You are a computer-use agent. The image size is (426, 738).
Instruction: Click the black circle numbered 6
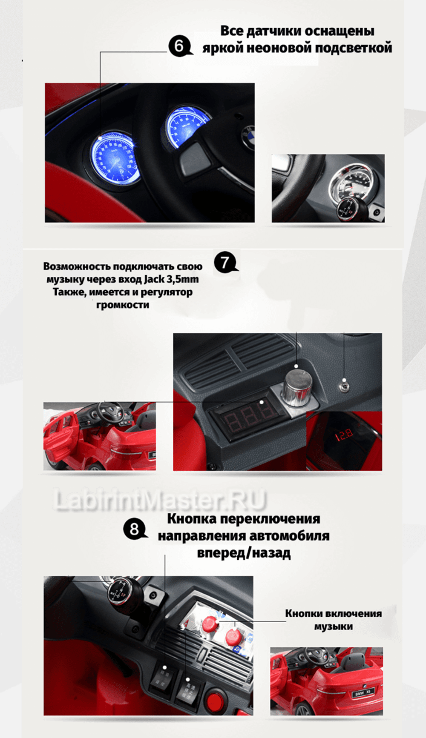179,46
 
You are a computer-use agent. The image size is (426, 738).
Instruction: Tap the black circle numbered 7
225,262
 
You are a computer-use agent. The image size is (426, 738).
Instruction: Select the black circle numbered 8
134,529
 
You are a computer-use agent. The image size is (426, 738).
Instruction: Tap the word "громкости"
123,305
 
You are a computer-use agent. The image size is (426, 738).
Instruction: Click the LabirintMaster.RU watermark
160,500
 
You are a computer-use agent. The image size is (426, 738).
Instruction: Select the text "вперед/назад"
244,553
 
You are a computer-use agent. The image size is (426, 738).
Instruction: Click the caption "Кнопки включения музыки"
333,620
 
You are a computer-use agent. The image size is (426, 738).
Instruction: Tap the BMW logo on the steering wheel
248,135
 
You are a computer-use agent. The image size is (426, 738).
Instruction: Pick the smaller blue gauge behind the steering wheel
186,126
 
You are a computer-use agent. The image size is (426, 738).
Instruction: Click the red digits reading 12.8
343,435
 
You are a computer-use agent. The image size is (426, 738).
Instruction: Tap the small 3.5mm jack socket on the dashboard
344,386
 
